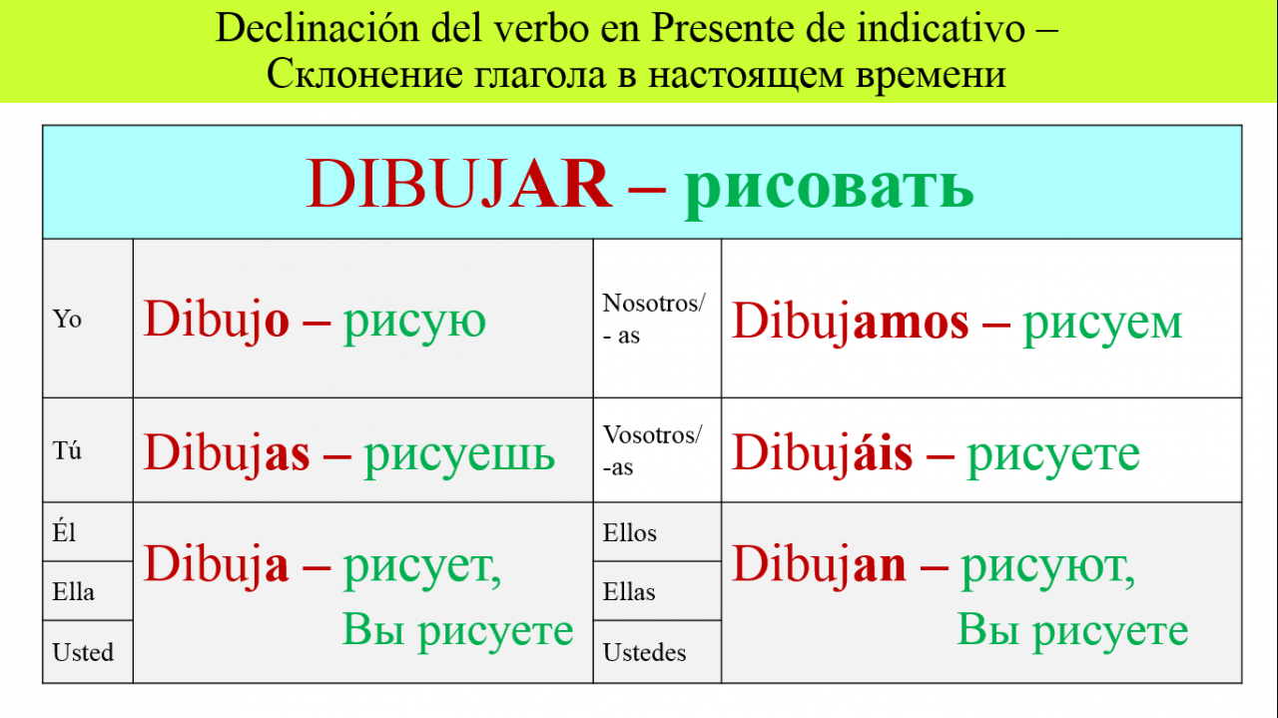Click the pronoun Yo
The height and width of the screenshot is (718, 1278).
coord(67,319)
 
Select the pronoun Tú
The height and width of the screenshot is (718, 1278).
coord(67,450)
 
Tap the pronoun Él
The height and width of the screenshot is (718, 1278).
coord(64,532)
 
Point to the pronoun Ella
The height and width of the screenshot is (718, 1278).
coord(73,591)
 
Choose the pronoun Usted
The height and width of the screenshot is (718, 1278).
coord(83,652)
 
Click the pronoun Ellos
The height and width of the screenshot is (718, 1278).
coord(630,532)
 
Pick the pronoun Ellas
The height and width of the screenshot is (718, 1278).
coord(629,591)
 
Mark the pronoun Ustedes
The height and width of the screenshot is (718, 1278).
coord(644,652)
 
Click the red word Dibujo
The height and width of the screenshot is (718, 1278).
coord(217,321)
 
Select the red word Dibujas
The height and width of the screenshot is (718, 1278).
coord(227,453)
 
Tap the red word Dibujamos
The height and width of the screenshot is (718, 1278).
coord(850,323)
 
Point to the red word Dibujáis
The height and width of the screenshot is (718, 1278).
coord(822,453)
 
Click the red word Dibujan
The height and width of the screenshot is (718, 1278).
coord(819,564)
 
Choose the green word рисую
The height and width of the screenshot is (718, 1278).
coord(414,323)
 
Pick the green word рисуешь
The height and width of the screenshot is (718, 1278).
coord(459,455)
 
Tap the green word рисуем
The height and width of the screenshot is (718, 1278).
coord(1102,325)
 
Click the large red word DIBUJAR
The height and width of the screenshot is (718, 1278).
coord(458,184)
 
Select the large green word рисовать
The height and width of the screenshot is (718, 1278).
coord(829,189)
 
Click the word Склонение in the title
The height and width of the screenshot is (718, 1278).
coord(364,74)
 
